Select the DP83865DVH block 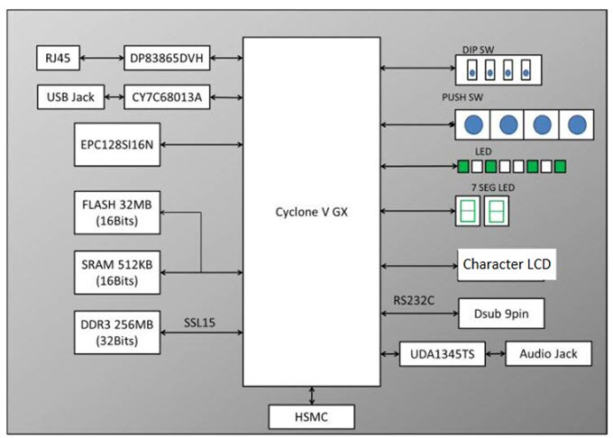[166, 59]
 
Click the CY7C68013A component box [168, 96]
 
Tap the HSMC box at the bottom [312, 416]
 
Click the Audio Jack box [549, 353]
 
